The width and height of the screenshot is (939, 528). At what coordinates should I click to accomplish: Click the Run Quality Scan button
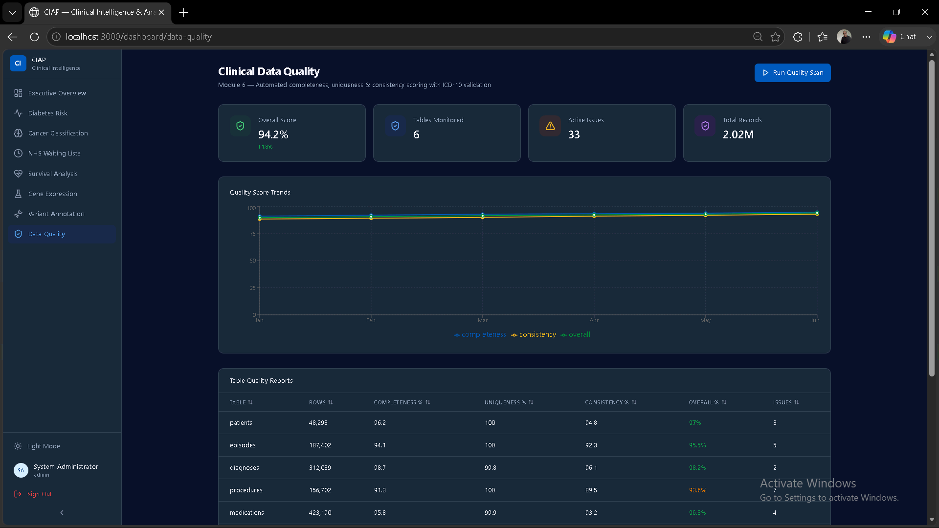point(792,73)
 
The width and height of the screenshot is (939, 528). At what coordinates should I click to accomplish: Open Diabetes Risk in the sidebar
point(47,113)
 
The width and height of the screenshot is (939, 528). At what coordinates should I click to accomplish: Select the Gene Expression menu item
point(52,194)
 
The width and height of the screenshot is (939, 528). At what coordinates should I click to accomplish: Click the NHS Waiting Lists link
point(54,153)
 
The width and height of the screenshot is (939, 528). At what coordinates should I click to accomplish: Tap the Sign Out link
point(39,494)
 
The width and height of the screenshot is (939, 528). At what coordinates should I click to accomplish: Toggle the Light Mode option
point(44,446)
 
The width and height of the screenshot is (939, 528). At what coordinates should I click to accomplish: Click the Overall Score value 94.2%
point(273,134)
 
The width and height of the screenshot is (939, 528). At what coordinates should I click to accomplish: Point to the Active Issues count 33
point(574,134)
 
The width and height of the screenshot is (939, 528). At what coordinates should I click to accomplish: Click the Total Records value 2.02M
point(738,134)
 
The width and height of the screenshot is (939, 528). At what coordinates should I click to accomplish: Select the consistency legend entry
point(534,334)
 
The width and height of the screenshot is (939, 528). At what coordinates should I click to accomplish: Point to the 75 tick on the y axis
point(253,234)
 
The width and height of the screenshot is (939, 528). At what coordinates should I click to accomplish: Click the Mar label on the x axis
point(483,320)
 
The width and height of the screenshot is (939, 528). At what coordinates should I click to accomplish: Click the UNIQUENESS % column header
point(509,402)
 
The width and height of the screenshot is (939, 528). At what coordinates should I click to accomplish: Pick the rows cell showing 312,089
point(320,468)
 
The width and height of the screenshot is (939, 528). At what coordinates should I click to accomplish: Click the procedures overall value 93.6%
point(697,490)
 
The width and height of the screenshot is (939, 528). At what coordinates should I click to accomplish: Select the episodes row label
point(243,445)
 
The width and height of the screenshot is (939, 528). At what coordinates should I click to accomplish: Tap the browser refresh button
point(34,37)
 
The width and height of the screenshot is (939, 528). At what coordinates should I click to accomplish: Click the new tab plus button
point(184,13)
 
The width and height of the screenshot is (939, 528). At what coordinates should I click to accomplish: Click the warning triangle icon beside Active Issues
point(550,126)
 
